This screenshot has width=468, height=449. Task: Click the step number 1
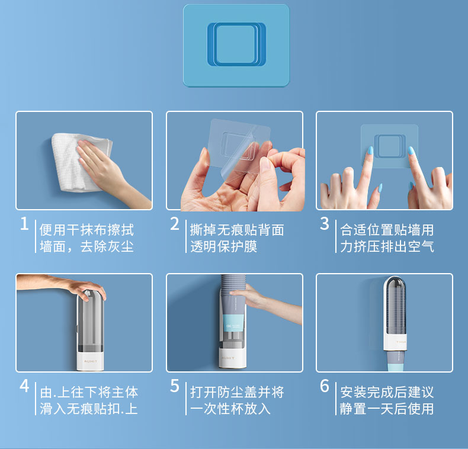pyautogui.click(x=24, y=224)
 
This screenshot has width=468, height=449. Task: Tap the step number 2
pyautogui.click(x=175, y=224)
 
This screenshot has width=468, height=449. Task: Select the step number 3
pyautogui.click(x=325, y=224)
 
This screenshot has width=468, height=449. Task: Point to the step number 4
pyautogui.click(x=24, y=386)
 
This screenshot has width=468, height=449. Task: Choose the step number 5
pyautogui.click(x=175, y=386)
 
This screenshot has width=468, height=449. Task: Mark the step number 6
pyautogui.click(x=325, y=386)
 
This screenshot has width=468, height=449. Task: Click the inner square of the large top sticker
pyautogui.click(x=236, y=44)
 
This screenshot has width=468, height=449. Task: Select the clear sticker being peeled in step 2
pyautogui.click(x=236, y=146)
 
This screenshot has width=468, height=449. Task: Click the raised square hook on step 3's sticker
pyautogui.click(x=390, y=146)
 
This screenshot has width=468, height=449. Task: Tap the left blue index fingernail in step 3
pyautogui.click(x=370, y=150)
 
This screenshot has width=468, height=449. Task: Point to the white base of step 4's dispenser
pyautogui.click(x=90, y=361)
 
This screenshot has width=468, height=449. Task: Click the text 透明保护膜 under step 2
pyautogui.click(x=223, y=246)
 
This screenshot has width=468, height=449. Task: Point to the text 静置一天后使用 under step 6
pyautogui.click(x=387, y=409)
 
